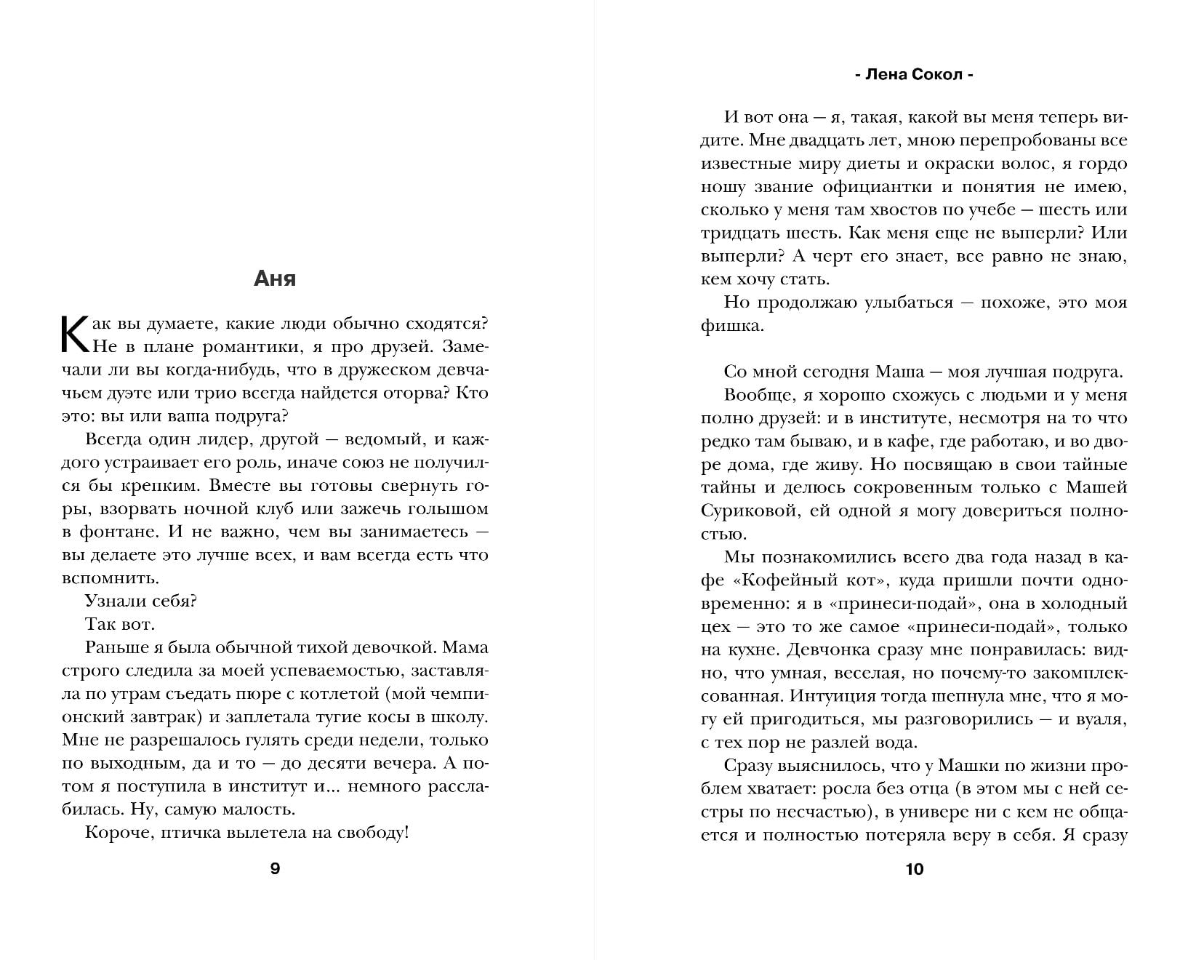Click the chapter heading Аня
[x=275, y=279]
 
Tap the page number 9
[x=275, y=868]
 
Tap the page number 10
[x=915, y=868]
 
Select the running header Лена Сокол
[x=915, y=75]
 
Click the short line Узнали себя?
[x=141, y=601]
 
